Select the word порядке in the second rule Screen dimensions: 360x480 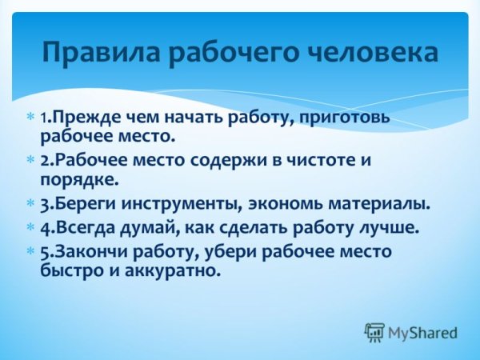tap(77, 179)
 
